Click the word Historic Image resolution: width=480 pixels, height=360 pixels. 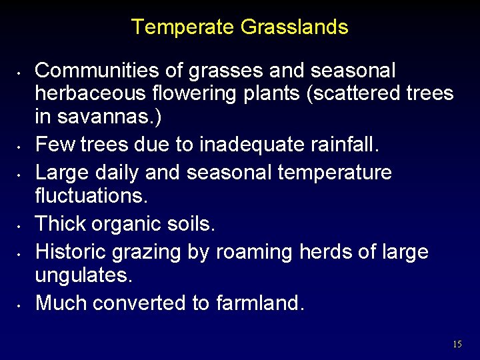[x=71, y=252]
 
